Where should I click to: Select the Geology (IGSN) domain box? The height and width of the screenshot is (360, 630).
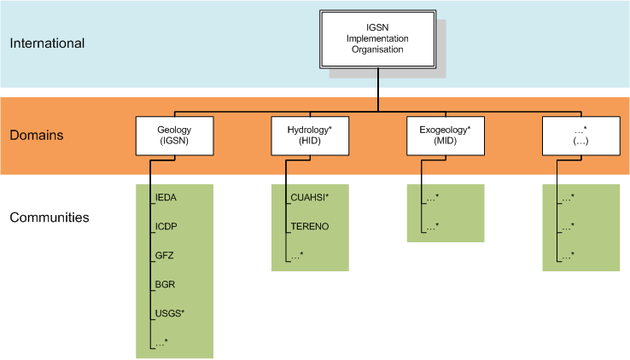tap(173, 136)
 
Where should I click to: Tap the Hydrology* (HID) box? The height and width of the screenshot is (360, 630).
tap(309, 136)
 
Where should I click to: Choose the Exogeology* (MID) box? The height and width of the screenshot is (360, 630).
tap(445, 136)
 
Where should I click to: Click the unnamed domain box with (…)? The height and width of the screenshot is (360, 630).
tap(580, 136)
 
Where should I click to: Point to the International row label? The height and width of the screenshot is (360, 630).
tap(48, 43)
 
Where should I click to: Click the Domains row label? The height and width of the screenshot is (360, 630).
tap(38, 135)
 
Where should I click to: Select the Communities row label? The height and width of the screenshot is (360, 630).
tap(50, 218)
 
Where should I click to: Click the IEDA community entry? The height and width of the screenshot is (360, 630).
tap(167, 198)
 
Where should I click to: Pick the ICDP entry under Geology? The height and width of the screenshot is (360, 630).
tap(167, 227)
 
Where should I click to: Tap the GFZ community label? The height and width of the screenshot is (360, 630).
tap(166, 256)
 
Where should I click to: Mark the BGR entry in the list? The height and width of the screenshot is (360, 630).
tap(166, 285)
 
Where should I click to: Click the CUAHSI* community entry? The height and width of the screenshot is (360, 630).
tap(310, 198)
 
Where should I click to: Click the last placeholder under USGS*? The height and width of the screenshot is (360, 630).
tap(161, 342)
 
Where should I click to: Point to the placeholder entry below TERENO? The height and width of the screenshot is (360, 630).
tap(297, 256)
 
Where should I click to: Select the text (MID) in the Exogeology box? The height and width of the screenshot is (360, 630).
tap(444, 141)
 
